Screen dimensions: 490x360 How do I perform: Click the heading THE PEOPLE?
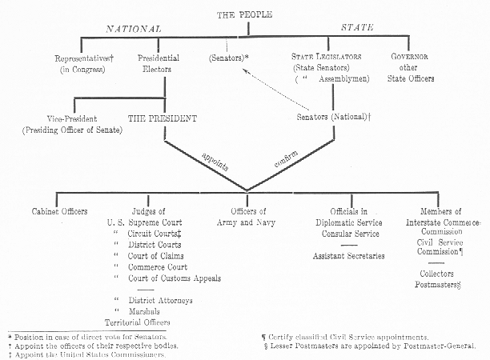[x=244, y=14]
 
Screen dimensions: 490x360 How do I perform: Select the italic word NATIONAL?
[x=134, y=29]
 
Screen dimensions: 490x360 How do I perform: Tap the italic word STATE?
[x=357, y=27]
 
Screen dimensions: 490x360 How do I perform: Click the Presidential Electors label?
[x=158, y=63]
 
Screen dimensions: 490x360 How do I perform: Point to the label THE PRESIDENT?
[x=163, y=118]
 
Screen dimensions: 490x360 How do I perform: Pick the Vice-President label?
[x=72, y=118]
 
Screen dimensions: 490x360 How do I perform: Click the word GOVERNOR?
[x=409, y=57]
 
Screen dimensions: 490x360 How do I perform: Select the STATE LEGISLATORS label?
[x=326, y=57]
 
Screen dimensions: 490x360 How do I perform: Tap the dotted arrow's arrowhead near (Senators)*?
[x=245, y=70]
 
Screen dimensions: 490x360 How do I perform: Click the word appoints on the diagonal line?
[x=215, y=162]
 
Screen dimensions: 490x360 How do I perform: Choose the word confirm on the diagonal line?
[x=286, y=159]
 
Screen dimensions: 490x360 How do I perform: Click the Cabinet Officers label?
[x=59, y=211]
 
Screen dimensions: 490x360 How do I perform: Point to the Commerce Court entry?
[x=158, y=267]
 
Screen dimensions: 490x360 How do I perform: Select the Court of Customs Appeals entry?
[x=175, y=278]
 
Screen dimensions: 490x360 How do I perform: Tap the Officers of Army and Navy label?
[x=247, y=217]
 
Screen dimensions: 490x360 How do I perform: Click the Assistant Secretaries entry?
[x=349, y=256]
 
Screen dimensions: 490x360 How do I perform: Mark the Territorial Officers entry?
[x=138, y=322]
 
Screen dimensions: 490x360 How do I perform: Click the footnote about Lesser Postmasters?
[x=370, y=346]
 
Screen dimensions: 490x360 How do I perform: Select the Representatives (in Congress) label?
[x=84, y=64]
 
